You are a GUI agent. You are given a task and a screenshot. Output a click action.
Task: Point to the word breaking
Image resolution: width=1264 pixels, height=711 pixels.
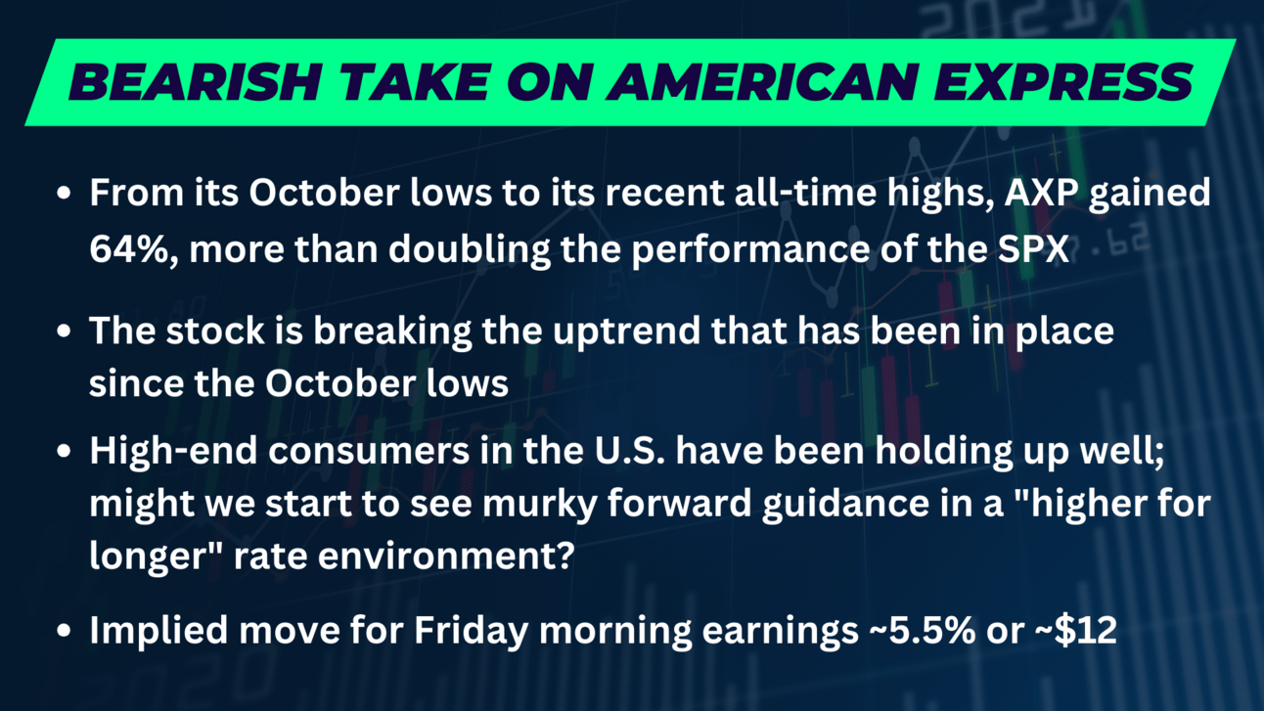392,331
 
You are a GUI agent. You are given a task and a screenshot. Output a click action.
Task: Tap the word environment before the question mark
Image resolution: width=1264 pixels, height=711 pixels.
434,556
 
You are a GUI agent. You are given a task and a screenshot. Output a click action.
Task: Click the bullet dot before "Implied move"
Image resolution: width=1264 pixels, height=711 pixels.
65,630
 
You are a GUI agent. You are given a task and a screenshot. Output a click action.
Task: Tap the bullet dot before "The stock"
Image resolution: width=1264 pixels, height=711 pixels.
65,331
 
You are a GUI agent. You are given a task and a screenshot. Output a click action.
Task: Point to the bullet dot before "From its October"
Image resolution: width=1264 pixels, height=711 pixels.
65,193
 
